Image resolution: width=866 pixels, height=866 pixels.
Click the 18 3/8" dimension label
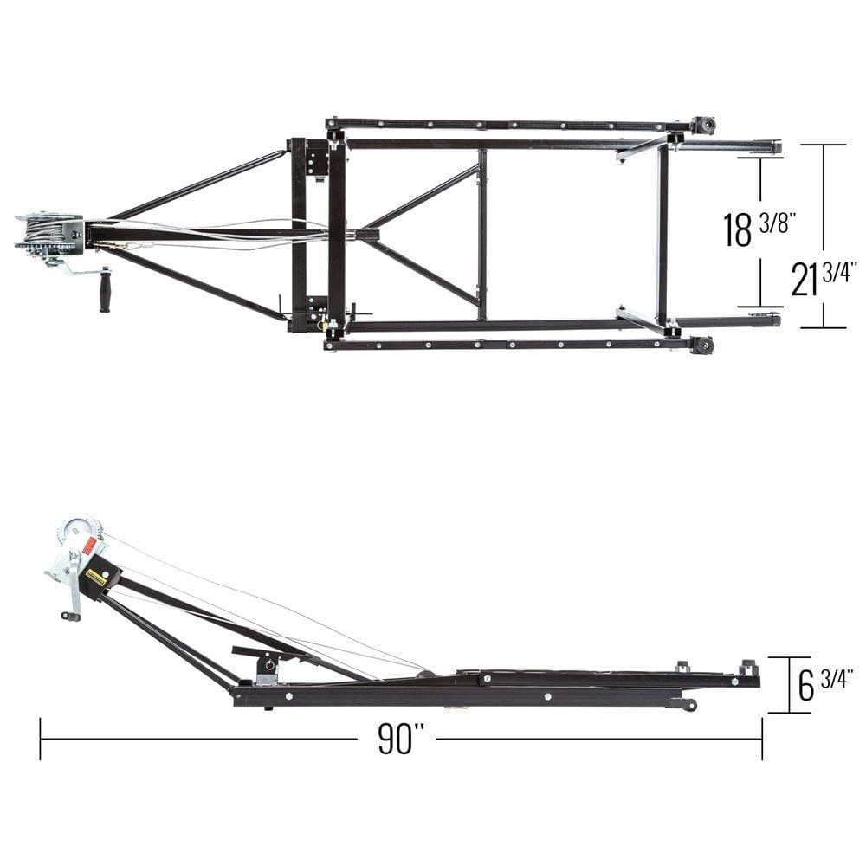759,228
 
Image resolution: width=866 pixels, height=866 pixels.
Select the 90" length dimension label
401,739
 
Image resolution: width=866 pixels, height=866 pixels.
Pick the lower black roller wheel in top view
703,346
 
